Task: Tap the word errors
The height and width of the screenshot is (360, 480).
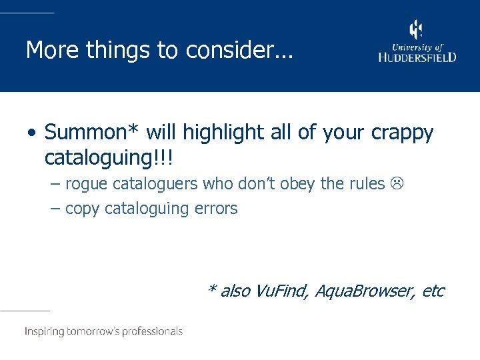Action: tap(216, 209)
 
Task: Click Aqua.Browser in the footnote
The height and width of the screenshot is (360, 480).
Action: tap(366, 291)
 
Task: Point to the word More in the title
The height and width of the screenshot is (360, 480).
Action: tap(48, 49)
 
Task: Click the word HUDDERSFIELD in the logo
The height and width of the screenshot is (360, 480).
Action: tap(417, 57)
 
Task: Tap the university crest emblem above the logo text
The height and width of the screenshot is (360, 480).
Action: tap(416, 30)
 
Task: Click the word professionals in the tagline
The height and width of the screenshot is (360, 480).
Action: tap(151, 331)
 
